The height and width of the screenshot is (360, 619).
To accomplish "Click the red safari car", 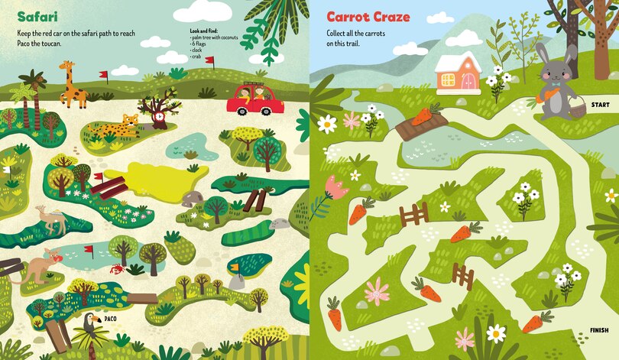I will pyautogui.click(x=255, y=99).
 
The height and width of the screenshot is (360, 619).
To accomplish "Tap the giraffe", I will pyautogui.click(x=72, y=85).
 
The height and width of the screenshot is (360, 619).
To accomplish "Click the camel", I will pyautogui.click(x=53, y=220).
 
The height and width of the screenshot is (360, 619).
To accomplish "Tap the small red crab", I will pyautogui.click(x=115, y=269).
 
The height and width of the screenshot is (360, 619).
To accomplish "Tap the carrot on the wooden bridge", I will pyautogui.click(x=422, y=116).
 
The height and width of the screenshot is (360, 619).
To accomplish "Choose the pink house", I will pyautogui.click(x=457, y=73).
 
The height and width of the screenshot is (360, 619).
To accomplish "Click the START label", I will pyautogui.click(x=600, y=105).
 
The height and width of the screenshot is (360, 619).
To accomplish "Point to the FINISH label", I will pyautogui.click(x=599, y=330).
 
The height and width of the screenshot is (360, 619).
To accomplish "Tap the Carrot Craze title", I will pyautogui.click(x=368, y=17).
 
